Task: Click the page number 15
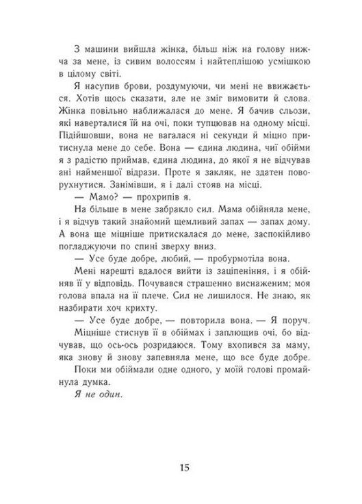181,468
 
